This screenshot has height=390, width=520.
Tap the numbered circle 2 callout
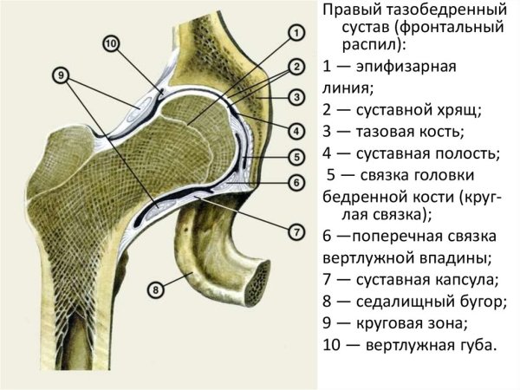coord(296,66)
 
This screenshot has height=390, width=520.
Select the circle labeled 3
coord(296,97)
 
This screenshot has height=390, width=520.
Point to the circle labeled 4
coord(296,131)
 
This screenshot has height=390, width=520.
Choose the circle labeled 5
coord(296,157)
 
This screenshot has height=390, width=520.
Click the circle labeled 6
coord(296,183)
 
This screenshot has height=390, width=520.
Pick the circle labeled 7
coord(296,232)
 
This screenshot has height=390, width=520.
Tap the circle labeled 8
coord(155,289)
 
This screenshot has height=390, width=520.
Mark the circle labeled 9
coord(62,75)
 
